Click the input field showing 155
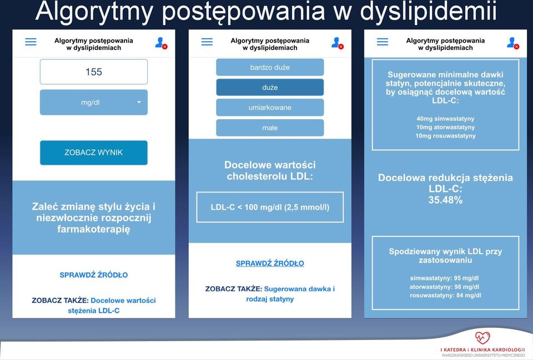(94, 72)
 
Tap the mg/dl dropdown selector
(94, 102)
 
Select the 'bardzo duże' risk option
(270, 67)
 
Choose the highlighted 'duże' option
(270, 87)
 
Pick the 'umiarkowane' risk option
(270, 107)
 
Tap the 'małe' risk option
(270, 128)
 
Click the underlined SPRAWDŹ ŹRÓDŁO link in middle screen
(270, 263)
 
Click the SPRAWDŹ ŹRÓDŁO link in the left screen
(94, 275)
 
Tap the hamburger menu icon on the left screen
(31, 42)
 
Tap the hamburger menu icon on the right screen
(383, 42)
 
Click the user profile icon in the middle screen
(337, 43)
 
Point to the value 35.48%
(445, 200)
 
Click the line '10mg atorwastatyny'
(445, 127)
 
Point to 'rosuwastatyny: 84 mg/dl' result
(445, 296)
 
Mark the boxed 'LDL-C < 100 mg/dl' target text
(270, 207)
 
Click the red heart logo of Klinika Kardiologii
(482, 338)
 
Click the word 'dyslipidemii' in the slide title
(428, 12)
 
